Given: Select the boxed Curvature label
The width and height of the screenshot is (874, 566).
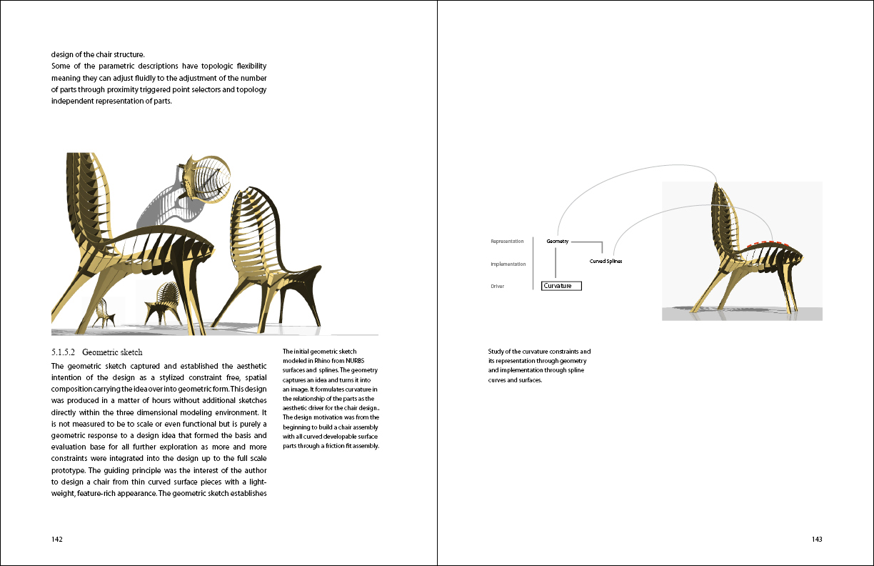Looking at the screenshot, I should click(x=561, y=286).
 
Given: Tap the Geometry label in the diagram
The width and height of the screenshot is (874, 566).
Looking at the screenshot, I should click(x=558, y=242).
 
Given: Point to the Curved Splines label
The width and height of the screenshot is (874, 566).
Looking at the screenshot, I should click(x=606, y=262).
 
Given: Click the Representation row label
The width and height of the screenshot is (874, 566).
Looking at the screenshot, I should click(x=507, y=242).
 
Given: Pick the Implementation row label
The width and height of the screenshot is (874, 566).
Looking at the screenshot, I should click(x=508, y=264).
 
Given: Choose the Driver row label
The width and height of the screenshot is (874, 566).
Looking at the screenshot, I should click(x=498, y=287).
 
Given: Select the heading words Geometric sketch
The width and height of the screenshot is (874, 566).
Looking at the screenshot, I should click(x=112, y=352).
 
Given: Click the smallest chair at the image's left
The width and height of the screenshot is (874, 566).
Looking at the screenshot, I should click(x=106, y=312).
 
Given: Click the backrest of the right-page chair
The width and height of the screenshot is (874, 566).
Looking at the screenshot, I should click(x=724, y=214).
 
